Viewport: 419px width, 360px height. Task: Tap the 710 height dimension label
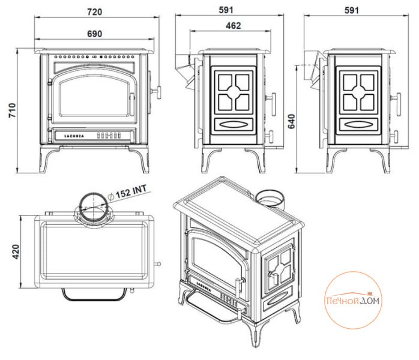(x=12, y=110)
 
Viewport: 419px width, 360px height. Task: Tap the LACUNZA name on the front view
(x=76, y=137)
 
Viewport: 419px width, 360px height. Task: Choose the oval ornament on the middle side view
(x=233, y=124)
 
